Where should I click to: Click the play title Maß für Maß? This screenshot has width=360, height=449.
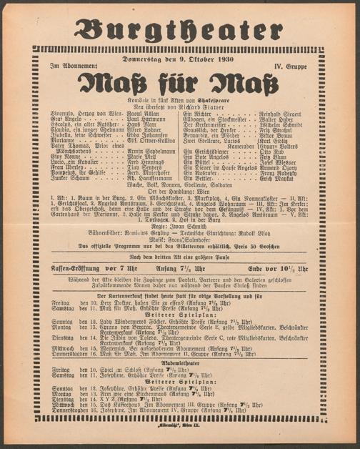point(179,81)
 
